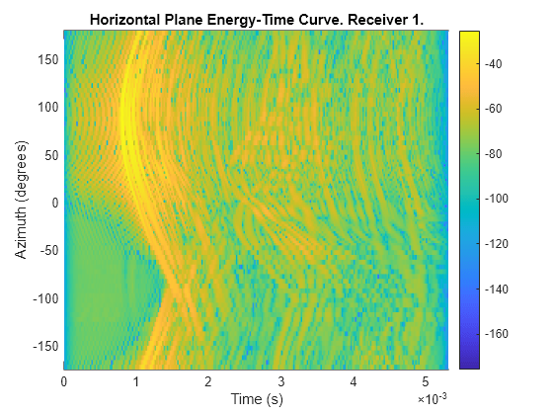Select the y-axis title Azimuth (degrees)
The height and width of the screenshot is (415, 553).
click(x=22, y=200)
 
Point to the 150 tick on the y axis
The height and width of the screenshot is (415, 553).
click(x=47, y=58)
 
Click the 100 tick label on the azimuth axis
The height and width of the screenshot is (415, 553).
click(x=47, y=107)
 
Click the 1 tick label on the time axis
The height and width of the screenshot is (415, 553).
click(x=136, y=380)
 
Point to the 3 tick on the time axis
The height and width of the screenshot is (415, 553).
click(x=280, y=380)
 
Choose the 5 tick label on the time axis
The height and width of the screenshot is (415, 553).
click(x=426, y=380)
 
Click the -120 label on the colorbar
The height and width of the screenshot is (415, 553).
click(x=502, y=243)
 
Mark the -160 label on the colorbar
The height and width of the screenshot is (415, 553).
click(x=502, y=333)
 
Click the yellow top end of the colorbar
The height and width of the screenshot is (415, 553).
click(x=470, y=35)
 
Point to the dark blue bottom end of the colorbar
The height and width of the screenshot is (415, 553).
click(x=470, y=364)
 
